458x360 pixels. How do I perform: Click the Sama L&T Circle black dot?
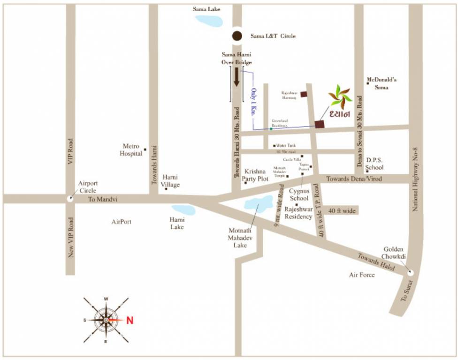click(237, 36)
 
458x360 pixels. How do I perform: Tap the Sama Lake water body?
click(208, 21)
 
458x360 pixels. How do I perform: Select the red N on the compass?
click(130, 321)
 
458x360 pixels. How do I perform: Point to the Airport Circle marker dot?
click(70, 198)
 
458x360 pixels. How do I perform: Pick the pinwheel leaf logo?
click(340, 97)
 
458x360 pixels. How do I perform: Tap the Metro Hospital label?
click(131, 150)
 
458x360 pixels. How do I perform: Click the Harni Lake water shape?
click(183, 210)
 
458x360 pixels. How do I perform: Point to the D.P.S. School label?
click(375, 164)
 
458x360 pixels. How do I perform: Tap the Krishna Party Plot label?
click(255, 175)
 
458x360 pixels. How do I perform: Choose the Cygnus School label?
click(298, 195)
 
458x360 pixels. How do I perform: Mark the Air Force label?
click(361, 275)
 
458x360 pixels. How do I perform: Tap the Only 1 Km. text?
click(254, 102)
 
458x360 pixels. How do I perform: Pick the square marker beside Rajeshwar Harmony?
click(304, 94)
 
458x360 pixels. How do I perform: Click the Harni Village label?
click(170, 181)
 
